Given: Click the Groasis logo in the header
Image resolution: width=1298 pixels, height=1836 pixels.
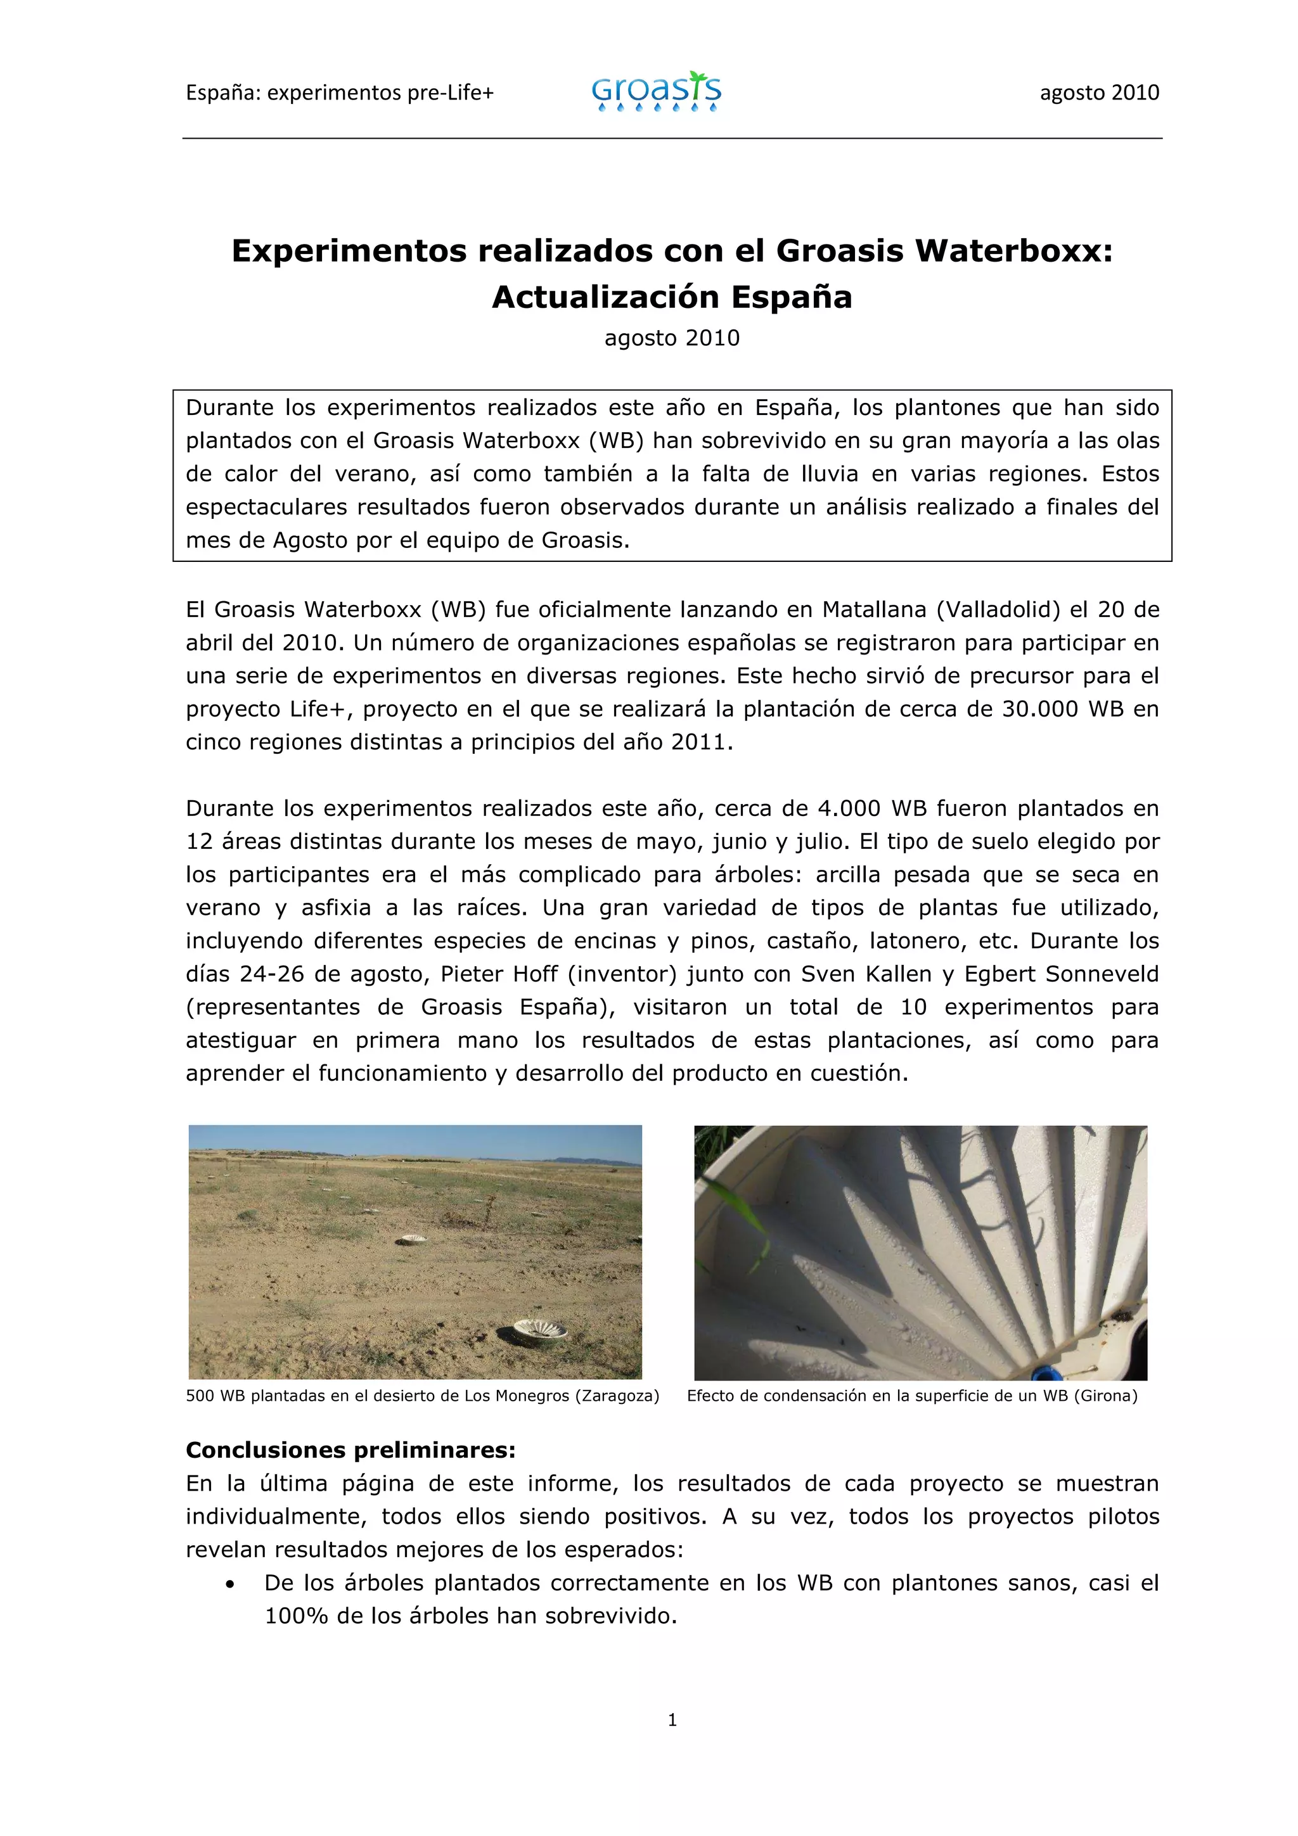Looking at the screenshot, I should click(656, 92).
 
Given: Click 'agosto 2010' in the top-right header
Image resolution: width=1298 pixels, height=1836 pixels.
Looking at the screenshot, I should click(1099, 92).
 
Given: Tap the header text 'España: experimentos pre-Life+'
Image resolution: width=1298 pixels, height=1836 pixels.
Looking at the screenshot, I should click(340, 92).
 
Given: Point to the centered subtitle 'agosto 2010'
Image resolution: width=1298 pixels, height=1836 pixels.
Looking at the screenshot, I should click(672, 338).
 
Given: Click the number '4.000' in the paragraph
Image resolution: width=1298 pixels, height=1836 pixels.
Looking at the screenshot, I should click(849, 808).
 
